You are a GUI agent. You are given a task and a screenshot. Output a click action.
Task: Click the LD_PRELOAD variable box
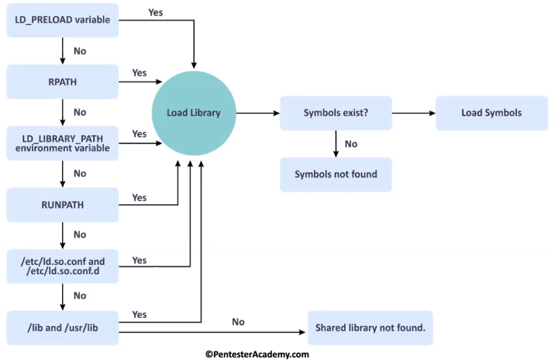tap(62, 20)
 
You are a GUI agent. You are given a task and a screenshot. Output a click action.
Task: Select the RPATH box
tap(62, 82)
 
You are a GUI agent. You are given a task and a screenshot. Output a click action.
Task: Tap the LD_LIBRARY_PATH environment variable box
tap(62, 143)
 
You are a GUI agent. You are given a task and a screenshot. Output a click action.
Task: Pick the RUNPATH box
tap(62, 205)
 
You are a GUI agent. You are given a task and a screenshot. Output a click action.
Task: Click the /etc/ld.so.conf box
tap(62, 266)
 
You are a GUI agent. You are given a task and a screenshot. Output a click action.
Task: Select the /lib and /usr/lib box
tap(62, 328)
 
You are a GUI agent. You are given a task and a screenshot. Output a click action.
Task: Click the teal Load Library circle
tap(193, 113)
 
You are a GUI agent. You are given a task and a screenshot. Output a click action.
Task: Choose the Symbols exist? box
tap(335, 113)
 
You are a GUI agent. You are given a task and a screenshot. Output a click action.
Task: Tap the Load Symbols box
tap(492, 113)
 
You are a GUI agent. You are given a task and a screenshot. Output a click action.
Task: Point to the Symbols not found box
tap(335, 174)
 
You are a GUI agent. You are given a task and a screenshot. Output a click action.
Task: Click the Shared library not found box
tap(370, 328)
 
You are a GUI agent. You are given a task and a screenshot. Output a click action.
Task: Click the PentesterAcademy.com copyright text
tap(256, 354)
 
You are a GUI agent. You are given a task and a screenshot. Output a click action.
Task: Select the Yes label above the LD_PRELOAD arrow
tap(156, 12)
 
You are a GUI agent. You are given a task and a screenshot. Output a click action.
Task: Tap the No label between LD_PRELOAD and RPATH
tap(80, 51)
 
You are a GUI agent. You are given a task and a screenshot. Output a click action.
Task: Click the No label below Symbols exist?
tap(351, 144)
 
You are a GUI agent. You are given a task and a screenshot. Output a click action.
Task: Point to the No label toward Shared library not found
tap(238, 322)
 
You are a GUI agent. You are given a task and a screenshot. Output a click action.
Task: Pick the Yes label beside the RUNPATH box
tap(140, 198)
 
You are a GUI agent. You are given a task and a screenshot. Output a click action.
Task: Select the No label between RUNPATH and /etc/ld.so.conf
tap(80, 235)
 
